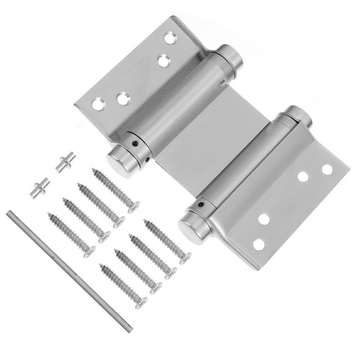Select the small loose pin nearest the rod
click(x=40, y=186)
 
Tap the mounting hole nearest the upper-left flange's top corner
click(x=169, y=38)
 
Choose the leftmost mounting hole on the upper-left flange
click(x=98, y=104)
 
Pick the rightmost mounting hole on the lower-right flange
click(x=327, y=169)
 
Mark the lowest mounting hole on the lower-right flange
click(x=259, y=244)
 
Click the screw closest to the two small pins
click(x=113, y=188)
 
